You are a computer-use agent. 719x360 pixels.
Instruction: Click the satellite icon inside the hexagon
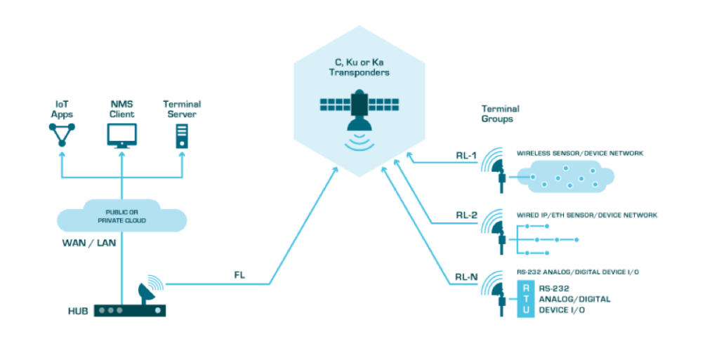click(x=359, y=108)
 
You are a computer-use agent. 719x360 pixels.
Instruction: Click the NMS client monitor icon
click(x=121, y=133)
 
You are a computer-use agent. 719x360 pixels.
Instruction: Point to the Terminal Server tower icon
click(x=182, y=135)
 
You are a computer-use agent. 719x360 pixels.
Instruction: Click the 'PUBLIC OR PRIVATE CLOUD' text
click(x=121, y=216)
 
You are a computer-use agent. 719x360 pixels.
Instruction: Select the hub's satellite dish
click(x=150, y=288)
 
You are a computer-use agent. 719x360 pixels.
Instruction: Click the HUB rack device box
click(x=130, y=309)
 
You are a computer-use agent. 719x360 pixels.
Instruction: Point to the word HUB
click(x=77, y=310)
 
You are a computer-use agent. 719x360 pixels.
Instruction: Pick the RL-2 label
click(x=466, y=215)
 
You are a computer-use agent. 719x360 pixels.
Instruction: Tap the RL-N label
click(x=466, y=276)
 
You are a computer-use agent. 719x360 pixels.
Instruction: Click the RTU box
click(x=525, y=299)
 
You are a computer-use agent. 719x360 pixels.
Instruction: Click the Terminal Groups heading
click(x=499, y=114)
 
